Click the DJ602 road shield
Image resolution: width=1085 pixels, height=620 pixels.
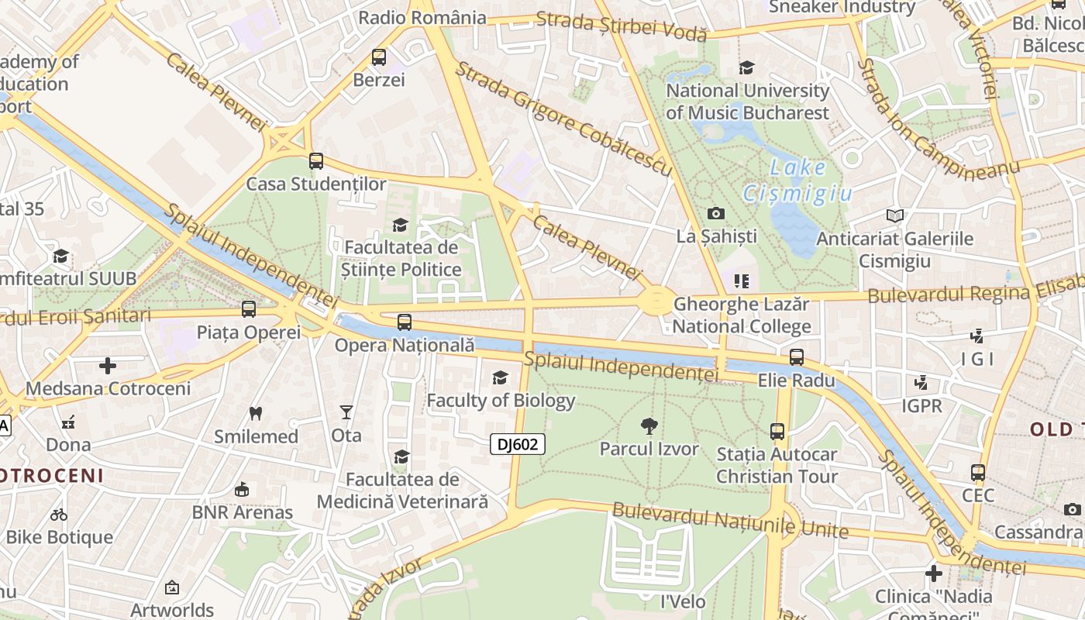518,444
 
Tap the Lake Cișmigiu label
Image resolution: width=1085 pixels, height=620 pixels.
797,180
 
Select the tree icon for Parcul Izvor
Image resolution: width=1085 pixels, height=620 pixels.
649,425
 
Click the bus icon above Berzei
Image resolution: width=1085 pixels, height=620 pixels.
379,57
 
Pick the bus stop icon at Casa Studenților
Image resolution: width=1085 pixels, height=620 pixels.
316,161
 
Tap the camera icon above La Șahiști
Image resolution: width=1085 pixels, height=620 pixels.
716,213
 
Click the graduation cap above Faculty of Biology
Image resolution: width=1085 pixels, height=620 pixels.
501,377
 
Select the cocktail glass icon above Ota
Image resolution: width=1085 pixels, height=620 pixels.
346,412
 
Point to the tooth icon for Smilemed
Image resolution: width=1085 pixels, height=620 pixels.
256,413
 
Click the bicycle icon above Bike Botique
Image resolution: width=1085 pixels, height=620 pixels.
59,514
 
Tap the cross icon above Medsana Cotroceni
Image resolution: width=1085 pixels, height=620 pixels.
108,365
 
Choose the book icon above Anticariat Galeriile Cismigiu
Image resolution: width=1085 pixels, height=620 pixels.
895,215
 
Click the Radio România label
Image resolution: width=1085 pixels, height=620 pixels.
423,17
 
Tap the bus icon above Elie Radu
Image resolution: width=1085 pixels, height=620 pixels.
797,357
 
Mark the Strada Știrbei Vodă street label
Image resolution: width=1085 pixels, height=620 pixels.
622,26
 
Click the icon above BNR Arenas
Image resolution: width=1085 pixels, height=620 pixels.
242,489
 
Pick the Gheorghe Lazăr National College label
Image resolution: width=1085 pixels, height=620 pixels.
742,315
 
